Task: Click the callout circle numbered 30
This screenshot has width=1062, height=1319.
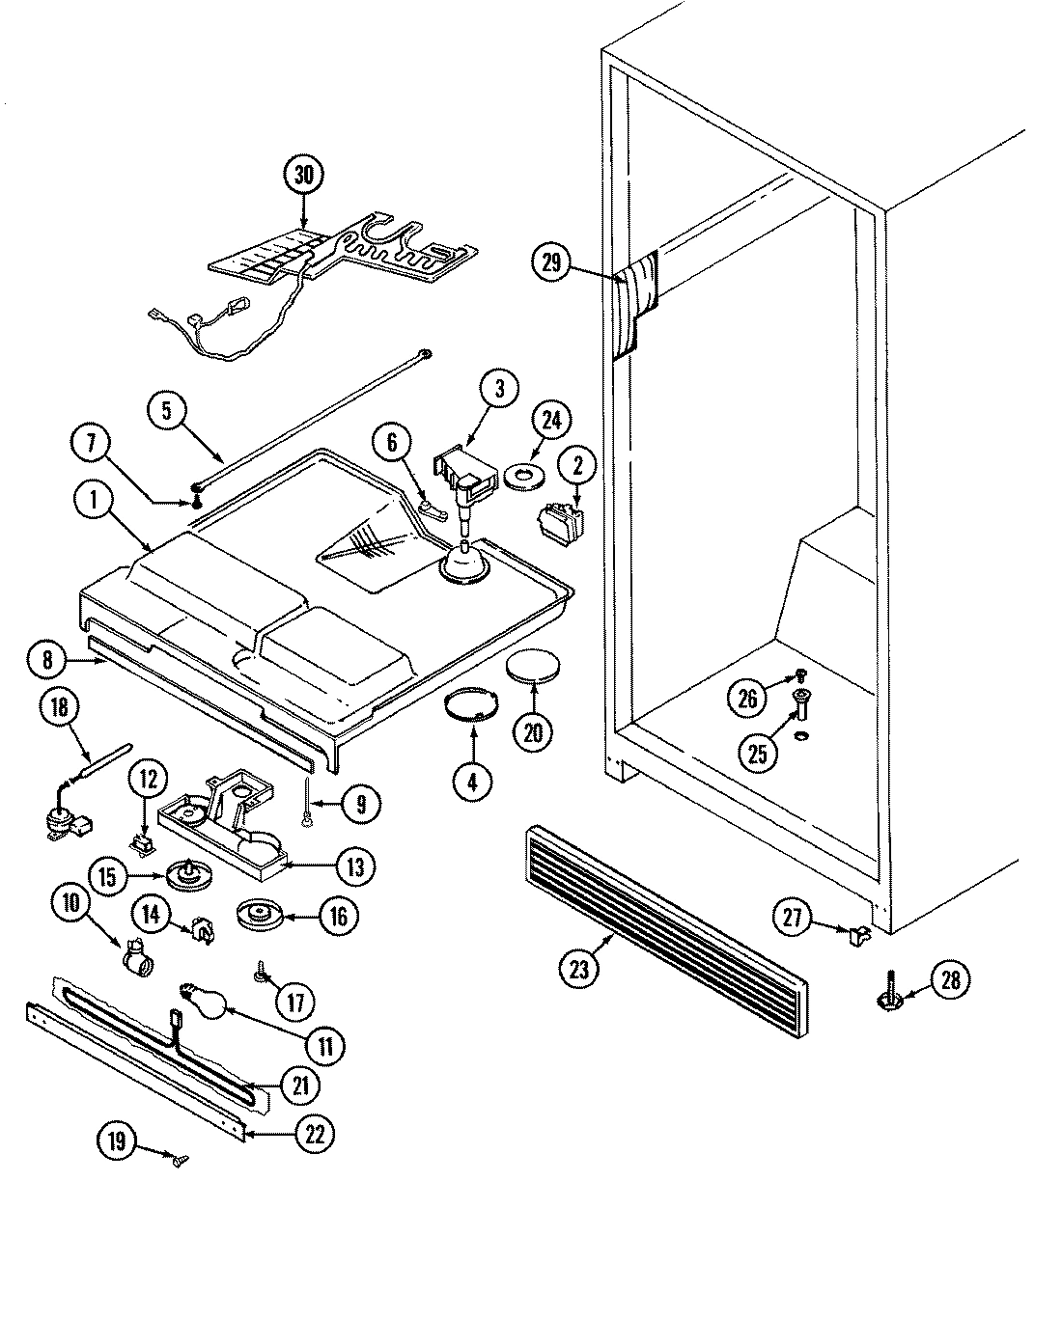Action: pyautogui.click(x=304, y=176)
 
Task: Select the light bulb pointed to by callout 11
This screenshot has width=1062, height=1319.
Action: pyautogui.click(x=204, y=998)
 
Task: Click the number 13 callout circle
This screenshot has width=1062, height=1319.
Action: pyautogui.click(x=355, y=866)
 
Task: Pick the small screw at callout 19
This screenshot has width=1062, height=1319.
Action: pyautogui.click(x=179, y=1157)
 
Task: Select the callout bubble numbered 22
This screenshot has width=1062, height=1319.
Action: pyautogui.click(x=315, y=1136)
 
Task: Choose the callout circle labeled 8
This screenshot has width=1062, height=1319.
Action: pyautogui.click(x=53, y=662)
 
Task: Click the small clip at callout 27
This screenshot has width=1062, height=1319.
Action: pyautogui.click(x=856, y=933)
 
